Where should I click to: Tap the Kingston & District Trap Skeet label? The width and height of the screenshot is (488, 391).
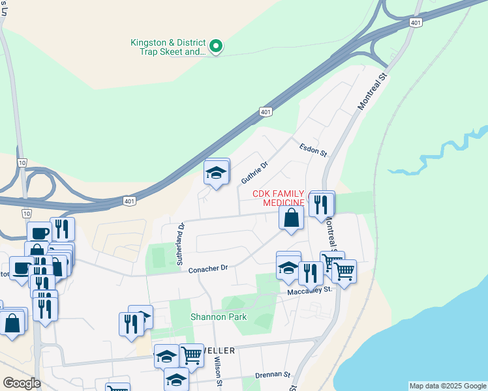(x=168, y=47)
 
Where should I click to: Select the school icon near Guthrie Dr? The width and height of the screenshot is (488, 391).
(x=217, y=173)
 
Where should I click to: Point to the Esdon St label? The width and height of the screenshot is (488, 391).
(x=313, y=150)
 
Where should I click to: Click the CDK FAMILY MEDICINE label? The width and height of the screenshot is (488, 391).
(x=279, y=198)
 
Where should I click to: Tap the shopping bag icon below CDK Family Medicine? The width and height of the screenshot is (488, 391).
(x=291, y=218)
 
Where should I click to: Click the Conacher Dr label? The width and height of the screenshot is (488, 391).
(x=207, y=268)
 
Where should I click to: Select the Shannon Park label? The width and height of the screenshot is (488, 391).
(x=213, y=317)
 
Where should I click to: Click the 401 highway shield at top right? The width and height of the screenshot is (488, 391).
(x=416, y=23)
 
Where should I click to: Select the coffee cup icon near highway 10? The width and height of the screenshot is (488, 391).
(x=38, y=233)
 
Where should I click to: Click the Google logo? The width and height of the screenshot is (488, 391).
(x=22, y=383)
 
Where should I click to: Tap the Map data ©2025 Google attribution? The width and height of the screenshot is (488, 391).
(x=448, y=386)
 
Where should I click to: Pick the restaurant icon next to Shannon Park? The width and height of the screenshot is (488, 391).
(x=131, y=324)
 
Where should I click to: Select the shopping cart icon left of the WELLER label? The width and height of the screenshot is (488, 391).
(x=191, y=355)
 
